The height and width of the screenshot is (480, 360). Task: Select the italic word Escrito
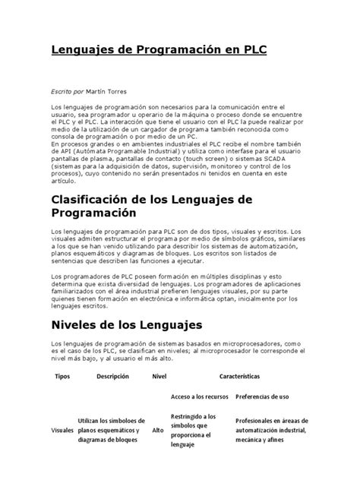[63, 90]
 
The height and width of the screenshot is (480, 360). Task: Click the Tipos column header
[62, 376]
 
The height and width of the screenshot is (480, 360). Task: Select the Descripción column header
[112, 376]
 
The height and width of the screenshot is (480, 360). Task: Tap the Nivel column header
[159, 376]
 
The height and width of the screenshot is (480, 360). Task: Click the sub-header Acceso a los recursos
[199, 396]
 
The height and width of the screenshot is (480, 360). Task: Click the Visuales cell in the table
[62, 430]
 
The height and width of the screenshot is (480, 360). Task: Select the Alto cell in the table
[159, 430]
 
